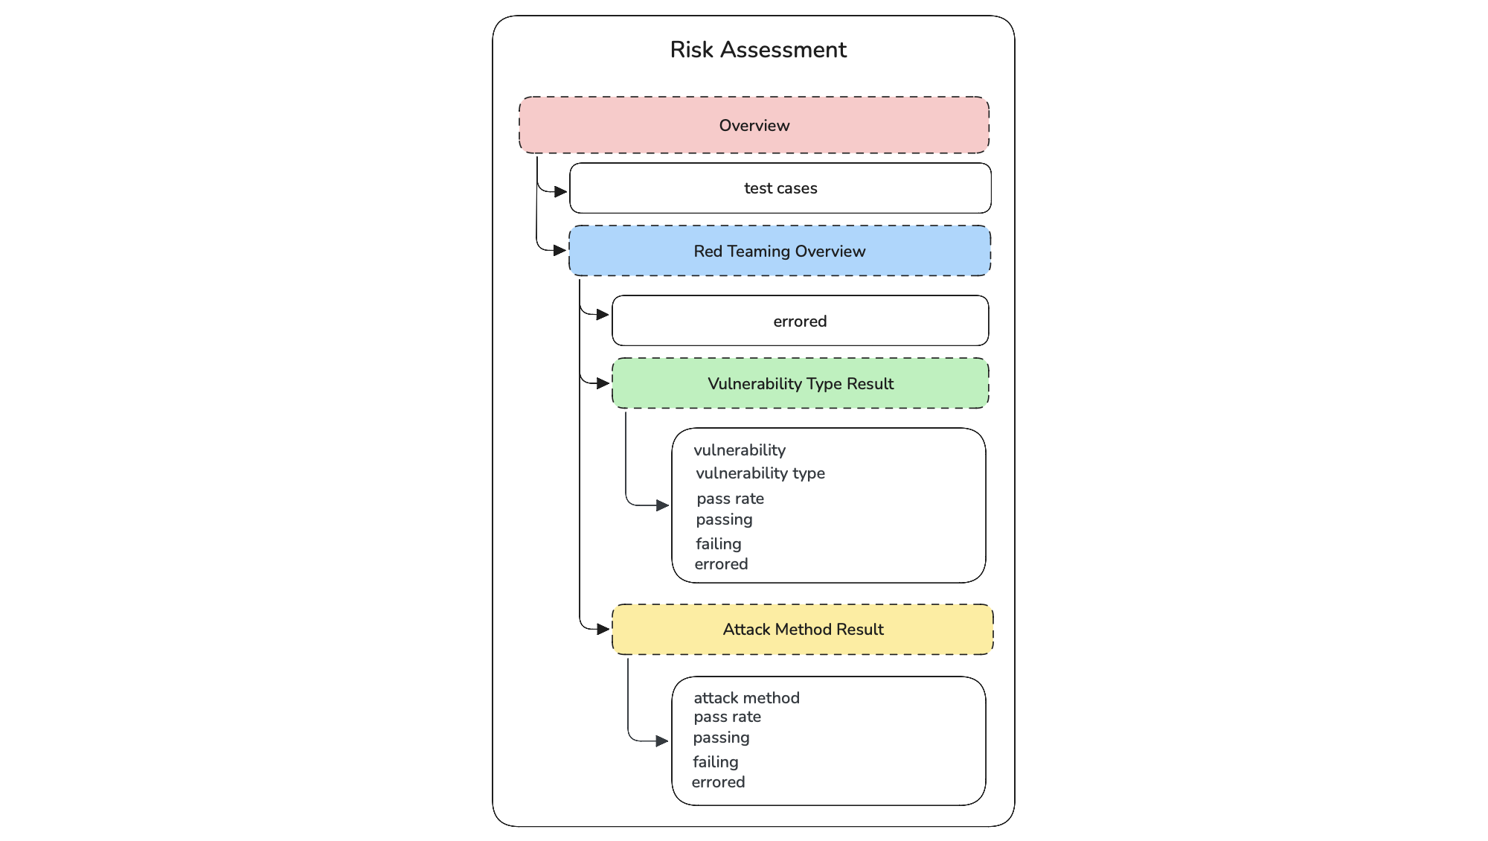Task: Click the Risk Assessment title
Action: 757,50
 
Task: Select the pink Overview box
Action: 754,125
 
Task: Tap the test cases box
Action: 780,188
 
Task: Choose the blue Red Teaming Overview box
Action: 779,252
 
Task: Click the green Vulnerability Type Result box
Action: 800,384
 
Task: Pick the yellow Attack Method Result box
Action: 802,630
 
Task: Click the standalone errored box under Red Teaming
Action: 800,322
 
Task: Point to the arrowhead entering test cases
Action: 561,192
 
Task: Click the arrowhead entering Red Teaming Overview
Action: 560,251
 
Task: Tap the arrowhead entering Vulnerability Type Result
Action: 603,383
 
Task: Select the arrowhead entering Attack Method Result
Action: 603,629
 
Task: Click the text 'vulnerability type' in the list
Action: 760,473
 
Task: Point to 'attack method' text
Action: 746,698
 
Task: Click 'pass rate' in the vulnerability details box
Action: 730,499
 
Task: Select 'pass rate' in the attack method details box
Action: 727,717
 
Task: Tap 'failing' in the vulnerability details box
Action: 719,544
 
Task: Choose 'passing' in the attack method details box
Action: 721,738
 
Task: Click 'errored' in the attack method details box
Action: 718,782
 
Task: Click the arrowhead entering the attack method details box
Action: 662,741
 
